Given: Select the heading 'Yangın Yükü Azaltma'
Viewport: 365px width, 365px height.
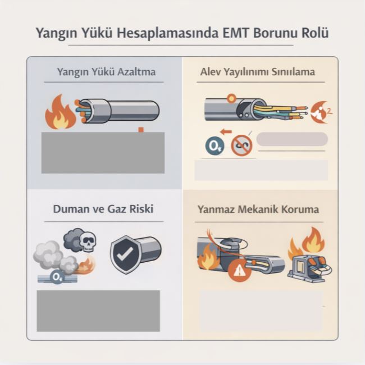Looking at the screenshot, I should coord(106,72).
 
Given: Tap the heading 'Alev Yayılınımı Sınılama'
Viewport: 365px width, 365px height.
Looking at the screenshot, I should coord(257,72).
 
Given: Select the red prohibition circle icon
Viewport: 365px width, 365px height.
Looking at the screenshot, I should coord(242,146).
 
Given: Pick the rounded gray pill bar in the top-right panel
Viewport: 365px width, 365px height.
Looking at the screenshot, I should coord(291,139).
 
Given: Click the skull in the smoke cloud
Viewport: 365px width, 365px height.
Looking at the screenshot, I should coord(88,242).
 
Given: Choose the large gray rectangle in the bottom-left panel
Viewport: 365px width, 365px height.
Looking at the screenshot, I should coord(98,310).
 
